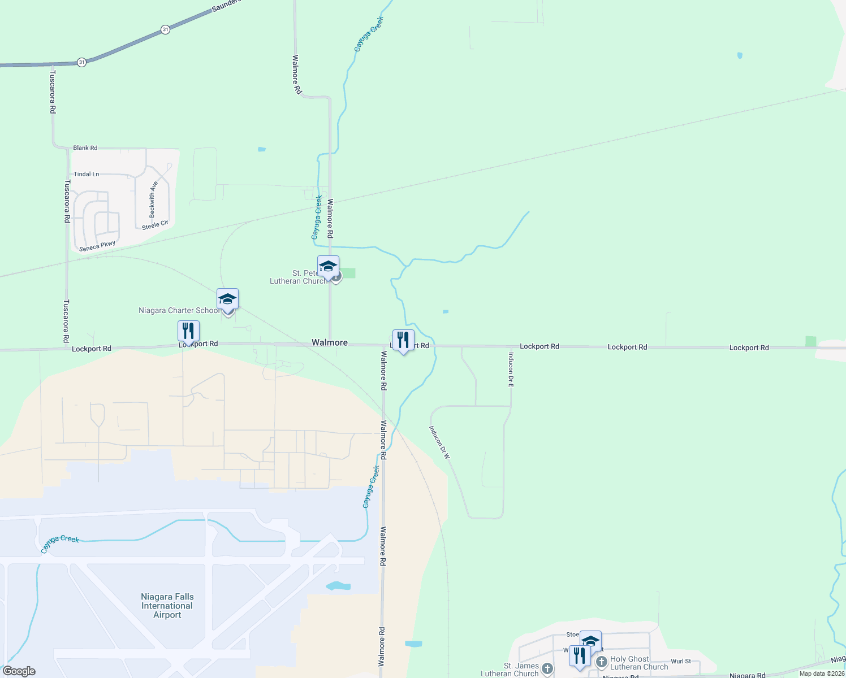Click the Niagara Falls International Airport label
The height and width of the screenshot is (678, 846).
tap(167, 606)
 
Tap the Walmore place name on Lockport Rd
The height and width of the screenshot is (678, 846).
tap(330, 342)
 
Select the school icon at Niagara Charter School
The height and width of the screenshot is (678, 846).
tap(227, 299)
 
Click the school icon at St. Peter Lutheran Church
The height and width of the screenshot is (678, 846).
tap(328, 266)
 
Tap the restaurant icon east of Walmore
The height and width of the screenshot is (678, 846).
tap(403, 340)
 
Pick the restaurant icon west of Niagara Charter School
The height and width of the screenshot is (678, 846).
tap(188, 331)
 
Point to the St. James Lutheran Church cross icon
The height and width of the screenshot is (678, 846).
tap(547, 669)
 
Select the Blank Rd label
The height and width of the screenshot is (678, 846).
tap(85, 148)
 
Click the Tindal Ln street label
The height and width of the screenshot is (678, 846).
tap(87, 174)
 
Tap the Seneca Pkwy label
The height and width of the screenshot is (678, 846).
tap(97, 246)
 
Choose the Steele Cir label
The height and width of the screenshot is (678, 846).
tap(155, 225)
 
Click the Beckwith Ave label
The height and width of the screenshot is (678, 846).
tap(152, 199)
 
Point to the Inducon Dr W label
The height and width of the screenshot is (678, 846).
tap(439, 442)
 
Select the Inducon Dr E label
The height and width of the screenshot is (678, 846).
tap(511, 370)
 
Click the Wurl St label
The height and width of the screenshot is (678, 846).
tap(681, 661)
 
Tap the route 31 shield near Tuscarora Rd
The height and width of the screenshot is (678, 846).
tap(82, 62)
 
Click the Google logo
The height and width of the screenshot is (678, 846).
tap(19, 671)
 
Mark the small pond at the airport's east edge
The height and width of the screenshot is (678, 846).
tap(338, 586)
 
